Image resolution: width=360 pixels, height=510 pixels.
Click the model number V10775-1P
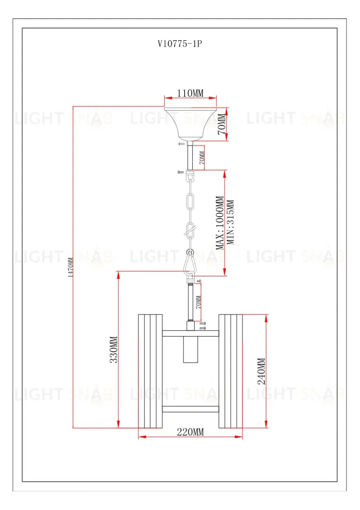click(x=179, y=44)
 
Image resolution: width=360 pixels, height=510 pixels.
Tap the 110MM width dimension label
click(x=190, y=93)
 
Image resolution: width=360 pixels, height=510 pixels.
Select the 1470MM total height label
click(x=71, y=267)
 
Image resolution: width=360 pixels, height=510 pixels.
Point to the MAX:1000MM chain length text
click(x=220, y=223)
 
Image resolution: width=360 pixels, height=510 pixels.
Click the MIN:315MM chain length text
click(x=231, y=223)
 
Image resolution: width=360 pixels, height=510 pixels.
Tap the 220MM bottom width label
click(x=190, y=432)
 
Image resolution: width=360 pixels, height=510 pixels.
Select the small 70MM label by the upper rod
click(x=202, y=157)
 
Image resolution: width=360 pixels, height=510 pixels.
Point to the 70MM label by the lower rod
click(x=198, y=302)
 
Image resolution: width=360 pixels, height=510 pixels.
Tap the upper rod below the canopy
click(x=190, y=156)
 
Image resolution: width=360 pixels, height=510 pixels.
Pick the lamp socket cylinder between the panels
click(x=190, y=351)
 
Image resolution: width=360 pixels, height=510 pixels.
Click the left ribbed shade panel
click(x=150, y=371)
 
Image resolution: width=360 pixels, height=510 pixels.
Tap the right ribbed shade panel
click(x=230, y=371)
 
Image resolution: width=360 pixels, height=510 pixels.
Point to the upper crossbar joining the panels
click(x=190, y=333)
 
